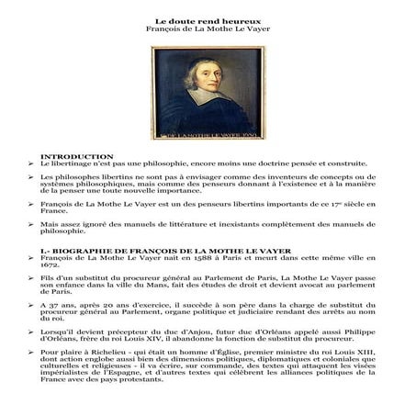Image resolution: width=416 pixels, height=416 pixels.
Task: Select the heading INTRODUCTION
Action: (x=84, y=156)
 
